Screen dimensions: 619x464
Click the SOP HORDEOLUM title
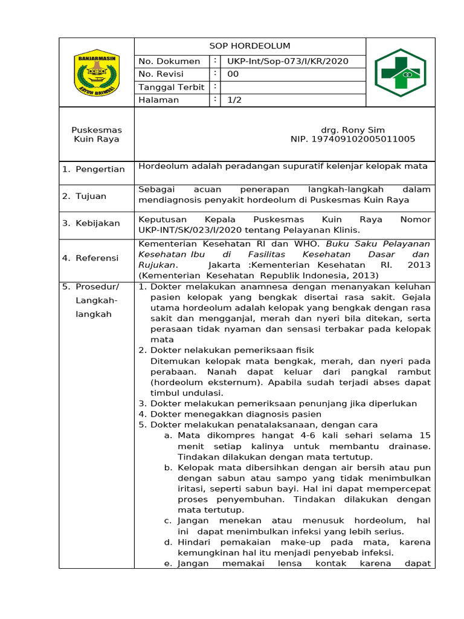pyautogui.click(x=250, y=46)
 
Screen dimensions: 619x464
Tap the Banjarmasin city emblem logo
pyautogui.click(x=97, y=73)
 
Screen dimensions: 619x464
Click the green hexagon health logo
pyautogui.click(x=400, y=73)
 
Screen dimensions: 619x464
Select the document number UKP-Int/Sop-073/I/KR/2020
pyautogui.click(x=288, y=61)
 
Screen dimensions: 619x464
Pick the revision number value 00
pyautogui.click(x=233, y=74)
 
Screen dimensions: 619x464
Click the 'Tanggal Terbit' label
pyautogui.click(x=172, y=87)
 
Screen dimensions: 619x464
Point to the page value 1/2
pyautogui.click(x=234, y=100)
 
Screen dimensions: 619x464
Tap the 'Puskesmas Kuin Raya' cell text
pyautogui.click(x=97, y=134)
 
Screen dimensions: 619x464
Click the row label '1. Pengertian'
pyautogui.click(x=94, y=169)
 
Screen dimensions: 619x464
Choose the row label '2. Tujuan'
pyautogui.click(x=85, y=196)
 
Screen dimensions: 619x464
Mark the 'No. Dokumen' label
pyautogui.click(x=169, y=61)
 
